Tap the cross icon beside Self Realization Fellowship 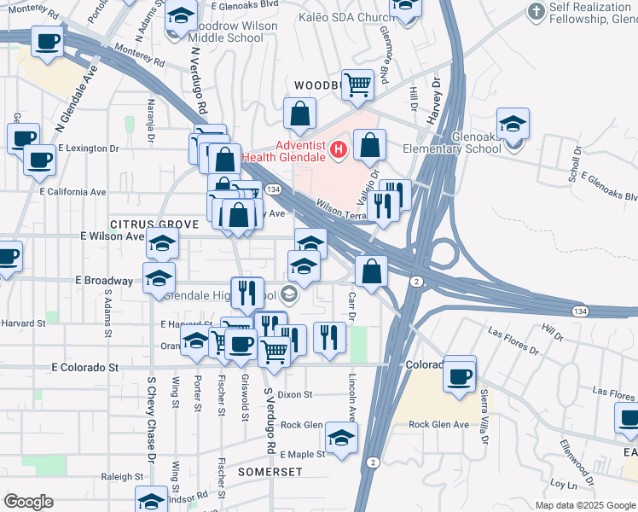point(536,12)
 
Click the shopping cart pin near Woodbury point(358,84)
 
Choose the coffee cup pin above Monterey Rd point(48,40)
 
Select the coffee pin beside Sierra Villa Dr point(460,375)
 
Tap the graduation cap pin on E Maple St point(342,439)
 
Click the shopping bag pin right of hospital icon point(370,146)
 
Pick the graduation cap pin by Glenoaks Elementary point(513,125)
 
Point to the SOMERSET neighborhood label point(270,471)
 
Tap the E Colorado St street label point(84,368)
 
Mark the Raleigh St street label point(119,477)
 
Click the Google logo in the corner point(28,502)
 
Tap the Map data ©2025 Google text point(584,505)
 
